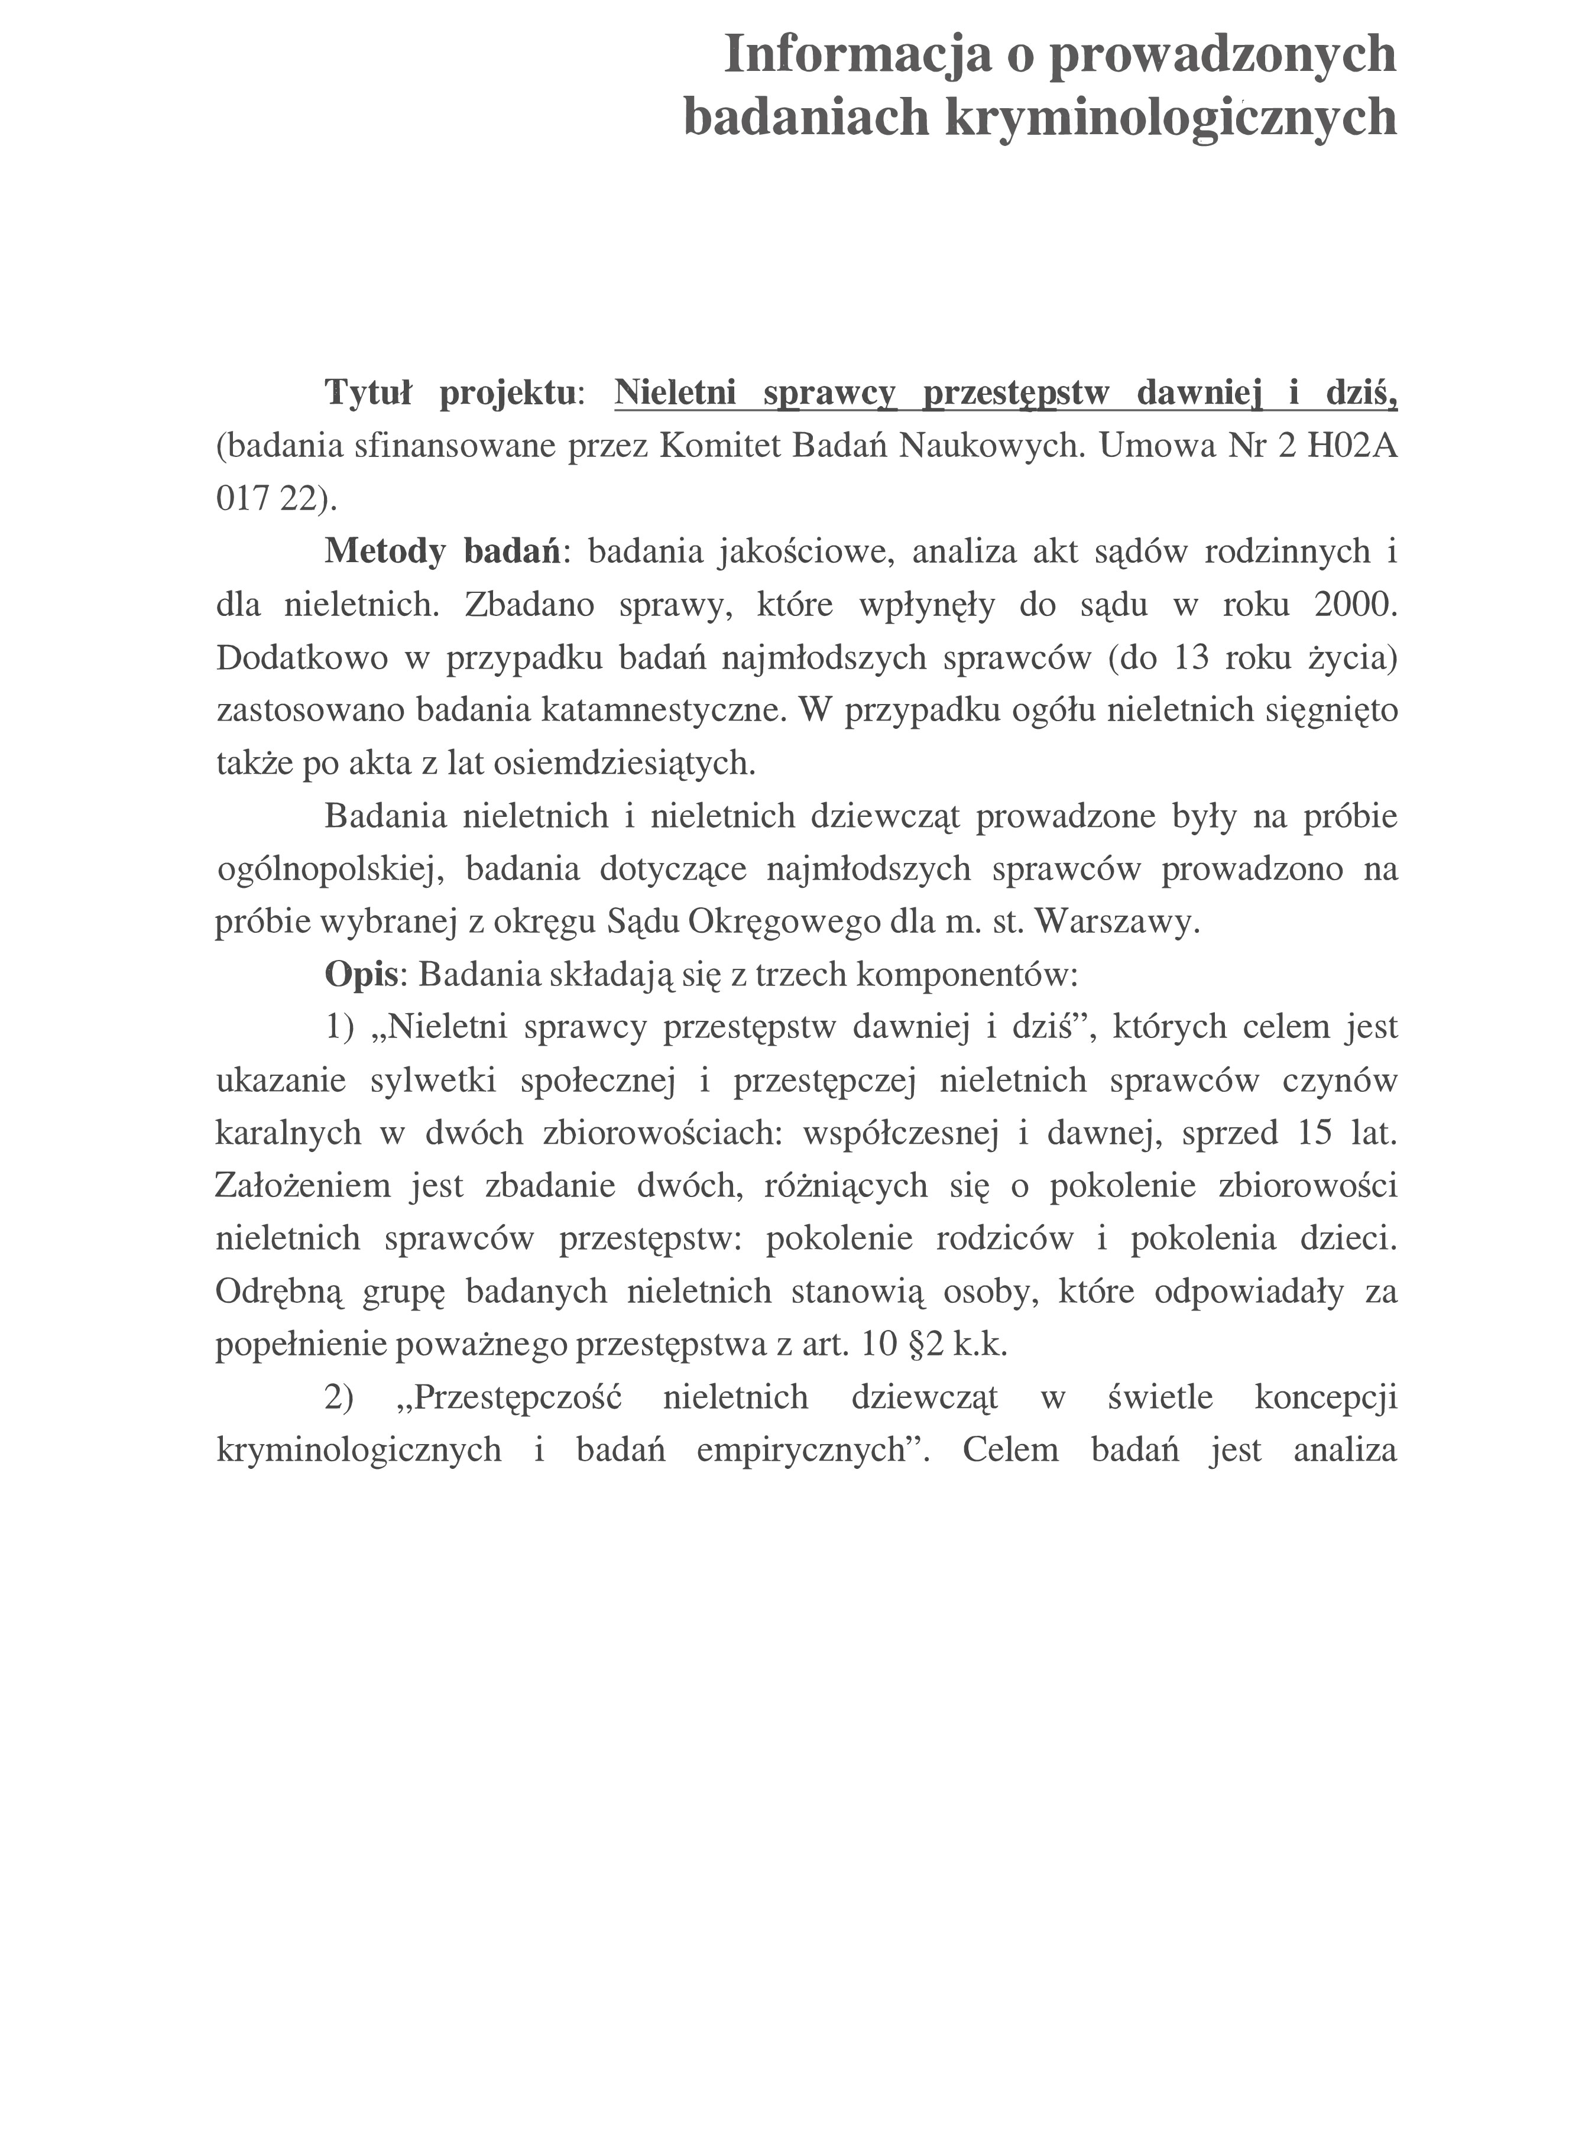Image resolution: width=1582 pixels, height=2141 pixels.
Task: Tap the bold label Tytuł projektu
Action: [450, 392]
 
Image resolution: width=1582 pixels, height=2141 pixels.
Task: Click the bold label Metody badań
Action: [442, 552]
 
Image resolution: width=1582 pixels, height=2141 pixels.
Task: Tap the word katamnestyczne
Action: [658, 711]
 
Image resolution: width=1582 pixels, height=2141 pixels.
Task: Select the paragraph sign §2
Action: [918, 1345]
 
